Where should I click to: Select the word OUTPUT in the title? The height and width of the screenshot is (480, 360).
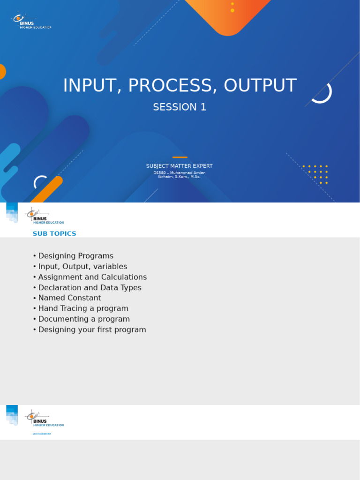pyautogui.click(x=260, y=86)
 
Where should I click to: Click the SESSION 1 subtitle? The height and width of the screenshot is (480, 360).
pyautogui.click(x=180, y=107)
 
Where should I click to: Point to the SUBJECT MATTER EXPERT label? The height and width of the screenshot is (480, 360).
pyautogui.click(x=180, y=166)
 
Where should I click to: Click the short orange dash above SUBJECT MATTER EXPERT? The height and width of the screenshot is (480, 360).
pyautogui.click(x=180, y=157)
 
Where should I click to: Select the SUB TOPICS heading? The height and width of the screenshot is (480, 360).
pyautogui.click(x=54, y=233)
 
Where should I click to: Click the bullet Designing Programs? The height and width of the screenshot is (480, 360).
pyautogui.click(x=75, y=256)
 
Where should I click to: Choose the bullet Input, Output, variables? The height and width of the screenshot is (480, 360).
pyautogui.click(x=82, y=266)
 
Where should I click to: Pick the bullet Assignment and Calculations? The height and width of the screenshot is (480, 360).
pyautogui.click(x=92, y=277)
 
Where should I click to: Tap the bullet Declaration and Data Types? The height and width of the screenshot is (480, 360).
pyautogui.click(x=90, y=287)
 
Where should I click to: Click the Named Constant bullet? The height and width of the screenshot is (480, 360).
pyautogui.click(x=69, y=298)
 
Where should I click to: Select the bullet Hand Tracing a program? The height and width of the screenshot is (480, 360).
pyautogui.click(x=83, y=308)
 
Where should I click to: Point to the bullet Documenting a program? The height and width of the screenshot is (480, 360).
pyautogui.click(x=84, y=319)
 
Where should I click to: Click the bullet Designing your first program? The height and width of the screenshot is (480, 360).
pyautogui.click(x=92, y=330)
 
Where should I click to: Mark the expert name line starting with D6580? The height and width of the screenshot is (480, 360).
pyautogui.click(x=180, y=172)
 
